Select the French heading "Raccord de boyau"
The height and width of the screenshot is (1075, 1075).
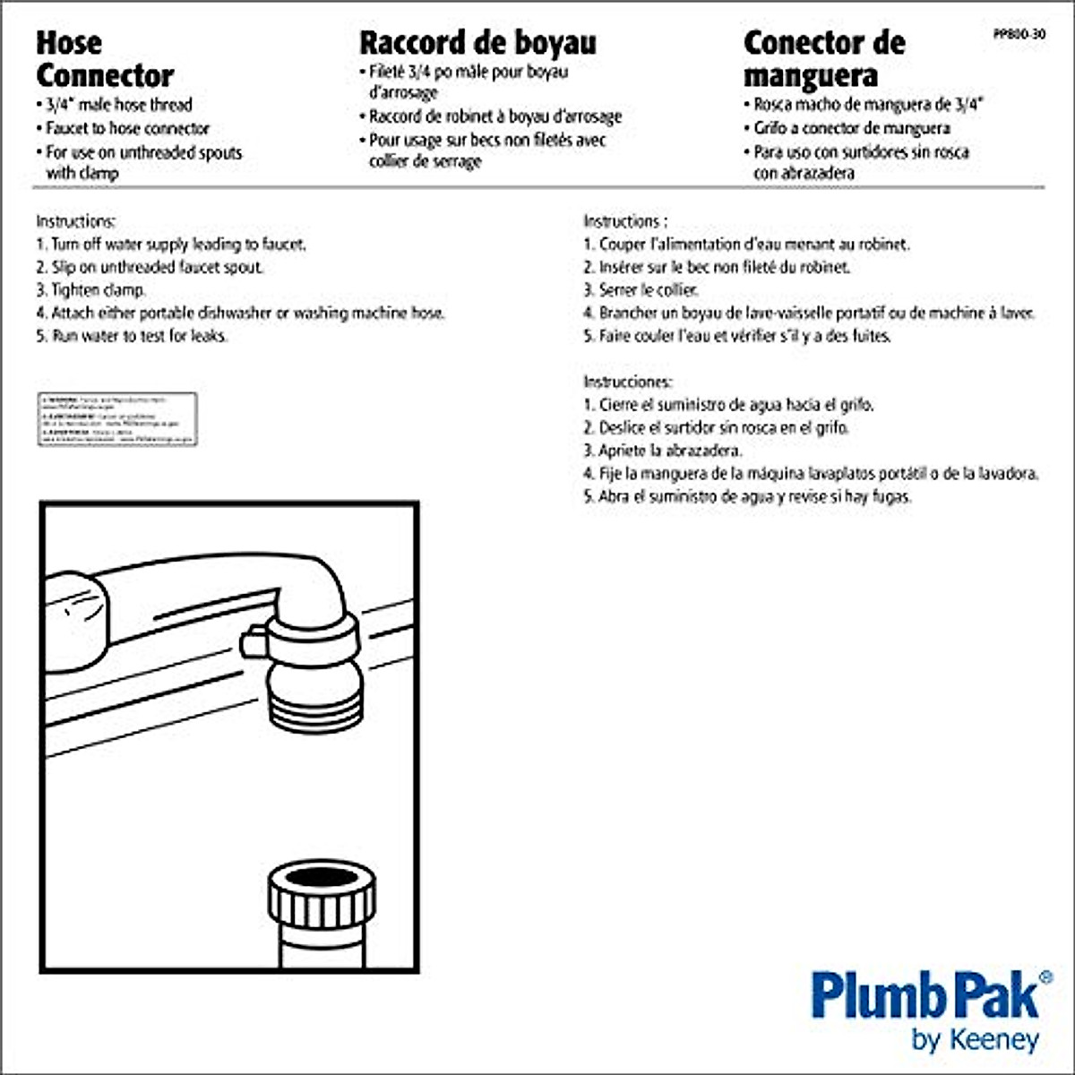click(x=477, y=43)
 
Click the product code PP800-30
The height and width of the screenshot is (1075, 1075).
click(x=1019, y=35)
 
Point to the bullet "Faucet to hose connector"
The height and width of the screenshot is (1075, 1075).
click(x=127, y=129)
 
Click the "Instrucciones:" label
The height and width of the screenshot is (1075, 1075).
click(x=627, y=382)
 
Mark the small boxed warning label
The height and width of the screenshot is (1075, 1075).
click(x=116, y=419)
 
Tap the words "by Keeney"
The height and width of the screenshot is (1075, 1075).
click(x=975, y=1040)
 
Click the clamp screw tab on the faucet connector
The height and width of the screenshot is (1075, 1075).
click(x=253, y=642)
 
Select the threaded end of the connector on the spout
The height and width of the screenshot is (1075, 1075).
click(x=317, y=702)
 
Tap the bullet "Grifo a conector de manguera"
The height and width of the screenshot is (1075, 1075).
click(x=851, y=129)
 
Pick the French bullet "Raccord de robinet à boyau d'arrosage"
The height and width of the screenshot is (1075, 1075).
click(x=494, y=117)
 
